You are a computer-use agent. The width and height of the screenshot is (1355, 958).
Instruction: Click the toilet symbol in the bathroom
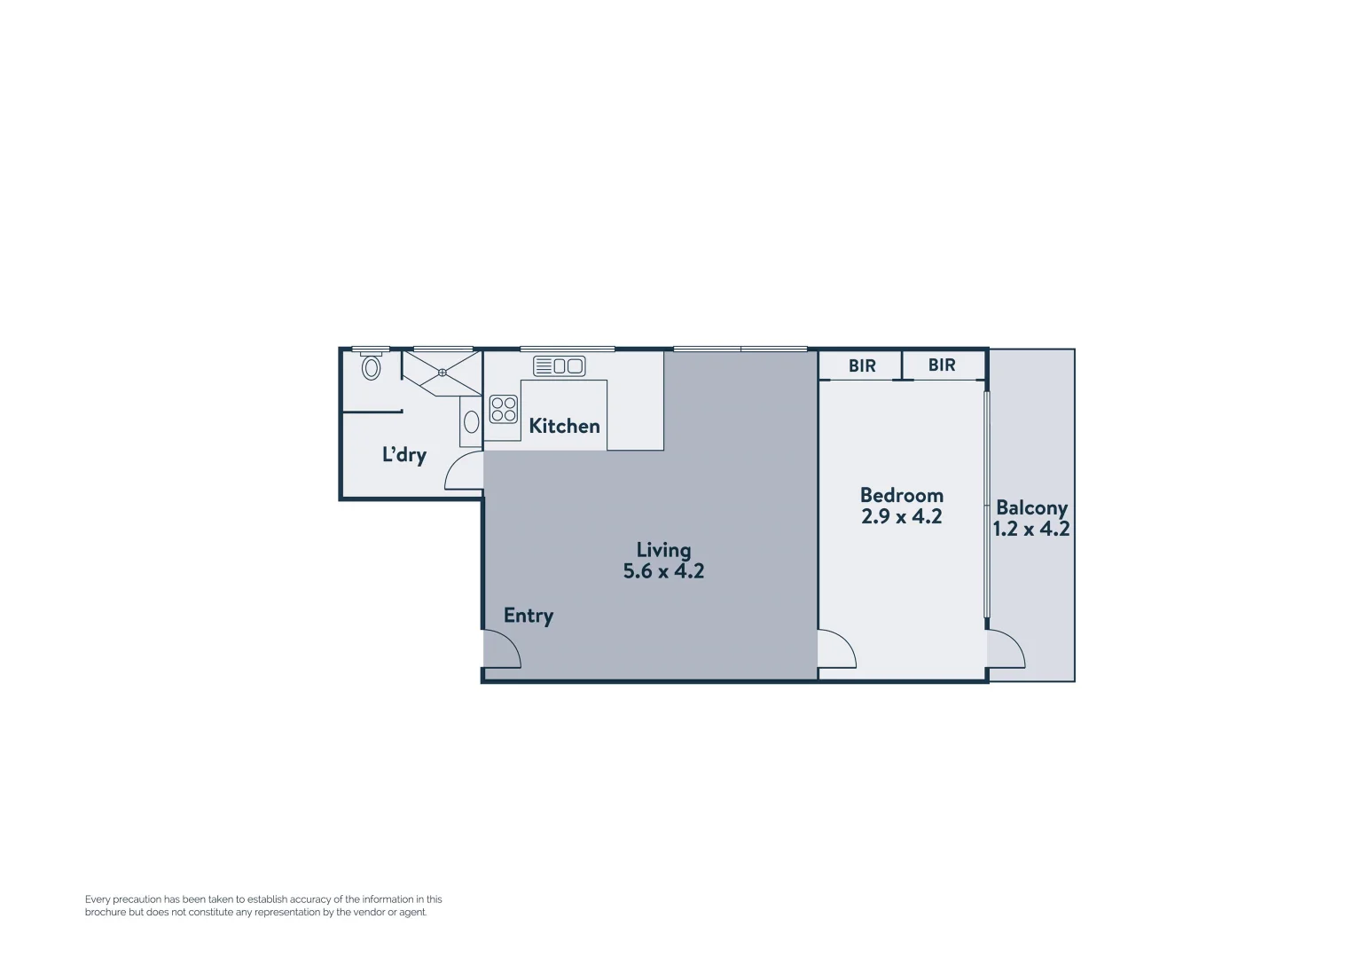tap(372, 366)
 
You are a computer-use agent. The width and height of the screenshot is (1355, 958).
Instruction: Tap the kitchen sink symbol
tap(559, 365)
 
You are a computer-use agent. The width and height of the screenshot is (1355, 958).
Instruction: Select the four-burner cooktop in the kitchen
tap(504, 409)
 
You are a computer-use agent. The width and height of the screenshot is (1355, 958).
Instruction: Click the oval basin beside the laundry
tap(472, 421)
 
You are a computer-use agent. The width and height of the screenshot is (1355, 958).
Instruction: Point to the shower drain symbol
tap(443, 373)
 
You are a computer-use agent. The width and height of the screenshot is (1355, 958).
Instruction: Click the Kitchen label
tap(564, 426)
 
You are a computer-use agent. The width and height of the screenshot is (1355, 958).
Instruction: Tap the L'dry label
tap(404, 455)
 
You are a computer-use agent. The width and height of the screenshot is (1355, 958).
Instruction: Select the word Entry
tap(529, 616)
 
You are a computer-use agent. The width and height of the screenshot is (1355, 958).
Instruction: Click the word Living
tap(663, 550)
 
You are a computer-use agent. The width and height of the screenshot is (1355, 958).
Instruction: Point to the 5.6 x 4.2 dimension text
tap(663, 571)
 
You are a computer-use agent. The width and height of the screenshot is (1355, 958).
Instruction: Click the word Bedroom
tap(902, 495)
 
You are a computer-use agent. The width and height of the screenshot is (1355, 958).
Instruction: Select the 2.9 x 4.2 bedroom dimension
tap(902, 516)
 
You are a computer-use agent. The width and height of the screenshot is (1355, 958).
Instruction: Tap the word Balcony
tap(1031, 508)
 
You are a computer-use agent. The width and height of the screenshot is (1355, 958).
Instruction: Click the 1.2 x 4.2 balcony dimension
tap(1031, 530)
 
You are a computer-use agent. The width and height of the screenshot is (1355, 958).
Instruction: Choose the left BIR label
tap(862, 365)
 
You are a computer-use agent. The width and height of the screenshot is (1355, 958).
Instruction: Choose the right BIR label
tap(942, 365)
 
